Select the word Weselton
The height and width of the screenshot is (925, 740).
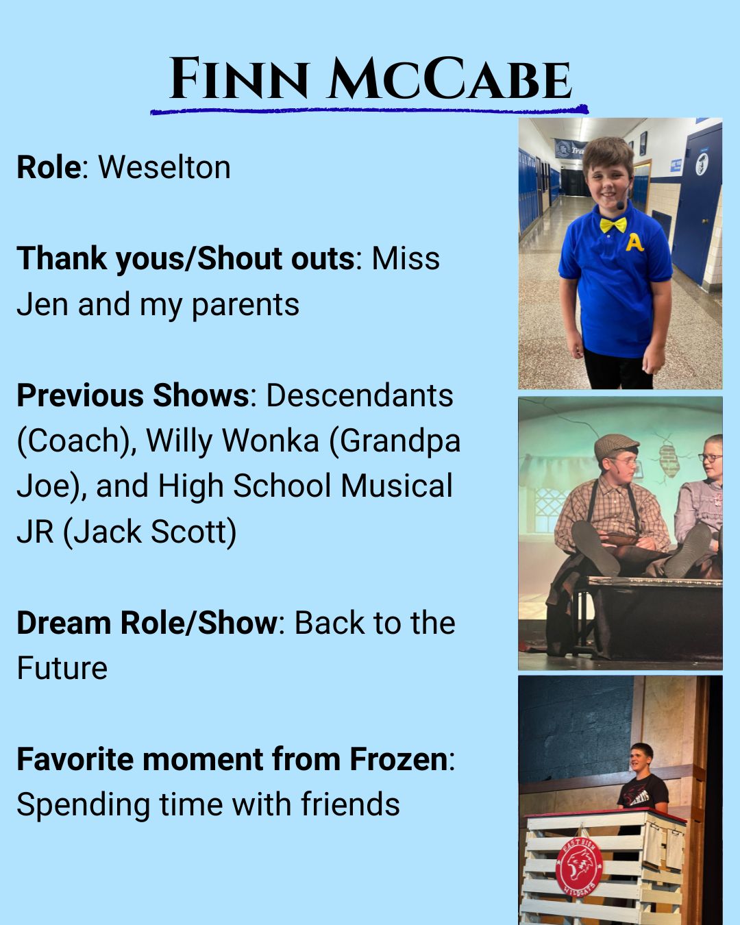tap(164, 166)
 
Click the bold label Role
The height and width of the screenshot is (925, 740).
tap(49, 166)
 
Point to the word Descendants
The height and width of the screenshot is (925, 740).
tap(360, 395)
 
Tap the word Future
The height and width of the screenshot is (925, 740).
tap(62, 668)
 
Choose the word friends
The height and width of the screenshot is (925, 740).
tap(350, 803)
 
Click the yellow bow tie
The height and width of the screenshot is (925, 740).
tap(614, 224)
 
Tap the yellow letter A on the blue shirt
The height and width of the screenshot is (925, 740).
tap(634, 243)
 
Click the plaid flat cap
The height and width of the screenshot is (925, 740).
tap(616, 446)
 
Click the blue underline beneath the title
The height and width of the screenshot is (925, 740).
tap(369, 110)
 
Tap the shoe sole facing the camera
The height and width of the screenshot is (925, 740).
tap(595, 547)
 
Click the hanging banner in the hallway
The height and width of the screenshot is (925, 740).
tap(570, 149)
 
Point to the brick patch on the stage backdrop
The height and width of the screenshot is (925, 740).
tap(669, 460)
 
